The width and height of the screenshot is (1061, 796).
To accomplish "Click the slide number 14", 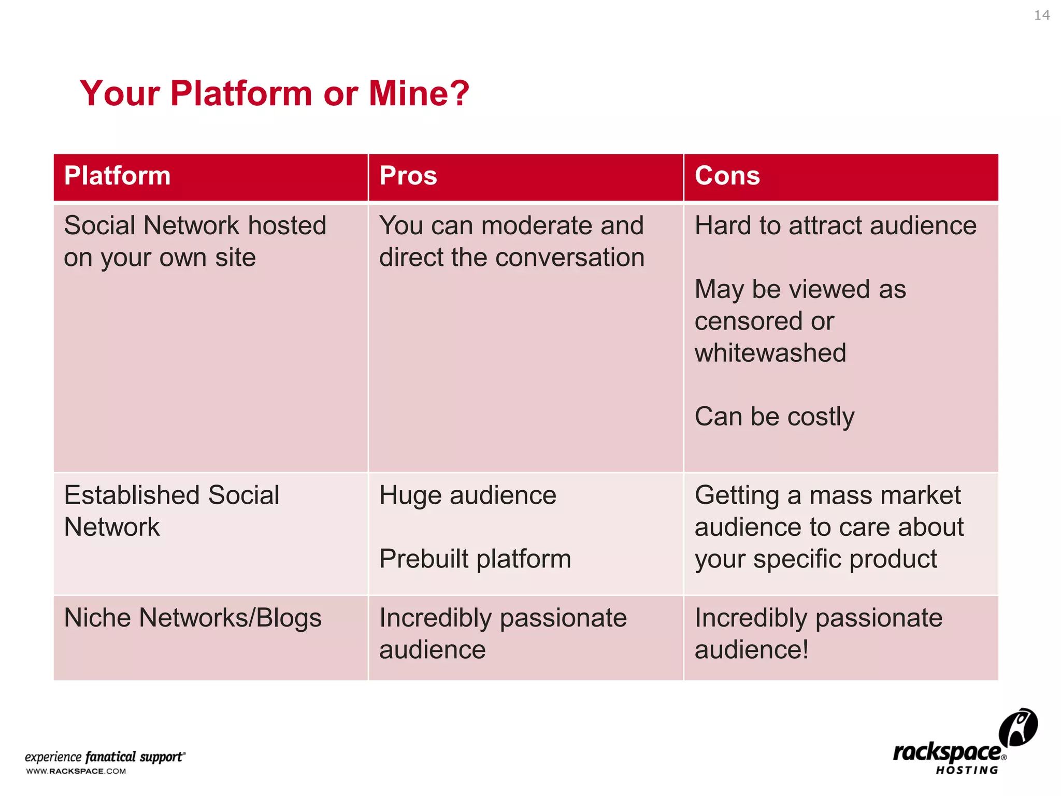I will point(1041,16).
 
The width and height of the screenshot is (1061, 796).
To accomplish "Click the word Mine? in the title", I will point(419,94).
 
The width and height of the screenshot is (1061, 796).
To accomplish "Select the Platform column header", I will point(118,176).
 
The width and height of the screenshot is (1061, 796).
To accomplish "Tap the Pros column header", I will point(408,176).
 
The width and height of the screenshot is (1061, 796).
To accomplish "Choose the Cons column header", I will point(727,176).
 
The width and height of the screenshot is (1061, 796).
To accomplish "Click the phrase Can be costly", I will point(774,417).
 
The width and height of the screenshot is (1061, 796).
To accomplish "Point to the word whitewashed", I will point(770,353).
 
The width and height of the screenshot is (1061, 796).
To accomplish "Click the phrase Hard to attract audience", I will point(835,226).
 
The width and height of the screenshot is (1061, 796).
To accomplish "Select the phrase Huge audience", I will point(467,495).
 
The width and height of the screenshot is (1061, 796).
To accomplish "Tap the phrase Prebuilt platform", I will point(475,559).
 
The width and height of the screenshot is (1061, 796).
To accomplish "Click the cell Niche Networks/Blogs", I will point(193,618).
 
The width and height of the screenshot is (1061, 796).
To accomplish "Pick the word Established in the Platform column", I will point(132,495).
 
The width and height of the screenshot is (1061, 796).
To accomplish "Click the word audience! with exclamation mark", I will point(751,650).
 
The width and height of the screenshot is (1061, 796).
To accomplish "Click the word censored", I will point(749,321).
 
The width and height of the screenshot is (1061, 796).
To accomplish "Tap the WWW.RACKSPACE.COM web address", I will point(76,771).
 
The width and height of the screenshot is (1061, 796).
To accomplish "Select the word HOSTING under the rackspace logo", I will point(967,771).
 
